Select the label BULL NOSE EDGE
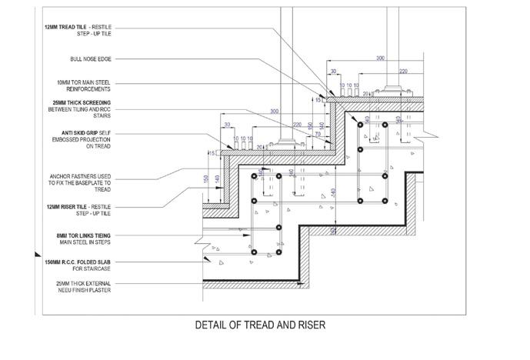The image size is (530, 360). click(x=91, y=58)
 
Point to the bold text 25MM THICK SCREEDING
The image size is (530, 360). click(x=78, y=103)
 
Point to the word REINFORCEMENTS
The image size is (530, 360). click(x=85, y=88)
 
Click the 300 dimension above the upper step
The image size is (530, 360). click(x=379, y=58)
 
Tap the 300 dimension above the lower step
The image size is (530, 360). click(x=274, y=110)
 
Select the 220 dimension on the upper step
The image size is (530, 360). click(x=402, y=71)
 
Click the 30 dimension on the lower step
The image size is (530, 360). click(x=228, y=124)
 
